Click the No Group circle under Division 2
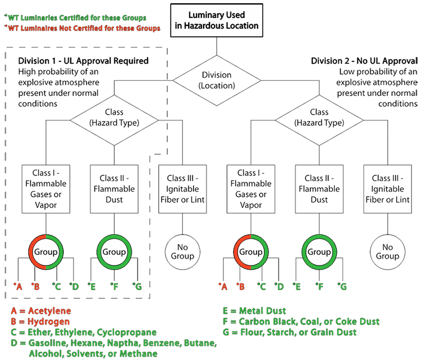388,252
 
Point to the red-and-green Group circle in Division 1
46,252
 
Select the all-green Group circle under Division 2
319,252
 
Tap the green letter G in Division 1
138,287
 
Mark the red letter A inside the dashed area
19,287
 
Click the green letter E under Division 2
298,287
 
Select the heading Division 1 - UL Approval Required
83,61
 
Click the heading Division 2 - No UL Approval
364,61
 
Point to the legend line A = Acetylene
41,311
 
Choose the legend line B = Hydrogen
40,321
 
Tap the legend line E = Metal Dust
256,311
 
